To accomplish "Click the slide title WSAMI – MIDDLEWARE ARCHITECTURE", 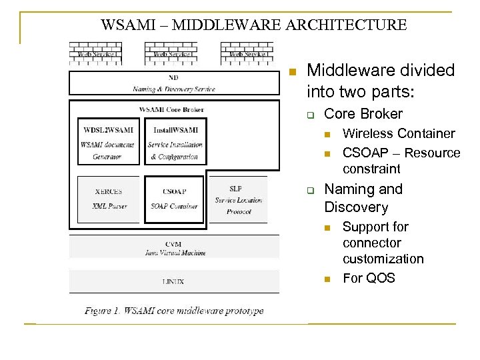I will click(x=253, y=25).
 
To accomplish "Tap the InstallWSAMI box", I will click(x=174, y=142).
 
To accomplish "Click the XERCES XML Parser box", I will click(x=108, y=198).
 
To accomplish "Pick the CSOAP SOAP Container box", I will click(x=174, y=198).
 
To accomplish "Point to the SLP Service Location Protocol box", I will click(x=238, y=199).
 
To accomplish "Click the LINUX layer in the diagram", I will click(x=173, y=281).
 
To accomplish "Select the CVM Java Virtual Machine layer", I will click(x=173, y=248).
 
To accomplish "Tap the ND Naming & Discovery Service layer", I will click(x=173, y=83).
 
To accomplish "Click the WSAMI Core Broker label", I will click(x=171, y=109).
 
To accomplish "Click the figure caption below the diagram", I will click(x=174, y=311).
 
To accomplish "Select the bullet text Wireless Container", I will click(x=398, y=133).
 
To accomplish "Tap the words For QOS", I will click(x=369, y=278).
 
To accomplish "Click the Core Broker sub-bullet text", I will click(x=363, y=114).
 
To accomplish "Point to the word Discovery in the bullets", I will click(x=356, y=207).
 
